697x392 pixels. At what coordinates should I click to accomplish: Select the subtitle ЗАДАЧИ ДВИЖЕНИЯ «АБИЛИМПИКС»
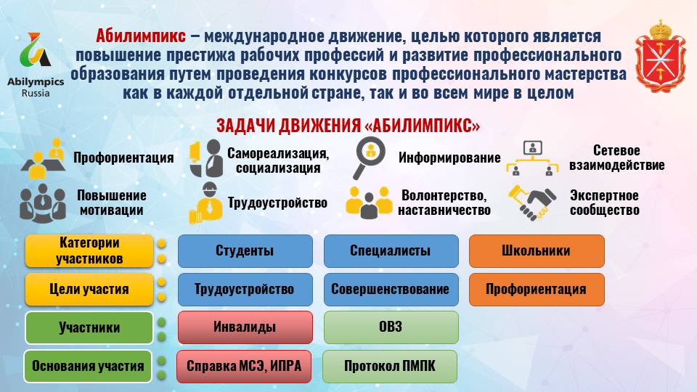pos(348,126)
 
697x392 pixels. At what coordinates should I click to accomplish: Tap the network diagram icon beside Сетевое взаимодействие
pos(534,159)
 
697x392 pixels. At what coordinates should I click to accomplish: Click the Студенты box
pos(245,251)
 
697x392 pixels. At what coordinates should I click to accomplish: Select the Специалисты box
pos(391,251)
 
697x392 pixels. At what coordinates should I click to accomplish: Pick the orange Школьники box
pos(536,251)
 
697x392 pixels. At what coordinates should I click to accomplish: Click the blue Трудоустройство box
pos(245,289)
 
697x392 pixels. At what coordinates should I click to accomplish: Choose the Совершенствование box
pos(391,289)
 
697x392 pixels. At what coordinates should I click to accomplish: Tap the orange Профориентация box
pos(536,289)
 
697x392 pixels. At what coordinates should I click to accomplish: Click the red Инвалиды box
pos(245,327)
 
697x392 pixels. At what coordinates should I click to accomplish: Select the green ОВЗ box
pos(391,327)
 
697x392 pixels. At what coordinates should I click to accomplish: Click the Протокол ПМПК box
pos(391,366)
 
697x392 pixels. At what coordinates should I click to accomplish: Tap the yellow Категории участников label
pos(89,250)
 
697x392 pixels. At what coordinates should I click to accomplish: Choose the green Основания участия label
pos(89,366)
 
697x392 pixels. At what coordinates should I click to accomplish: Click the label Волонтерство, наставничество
pos(444,203)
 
